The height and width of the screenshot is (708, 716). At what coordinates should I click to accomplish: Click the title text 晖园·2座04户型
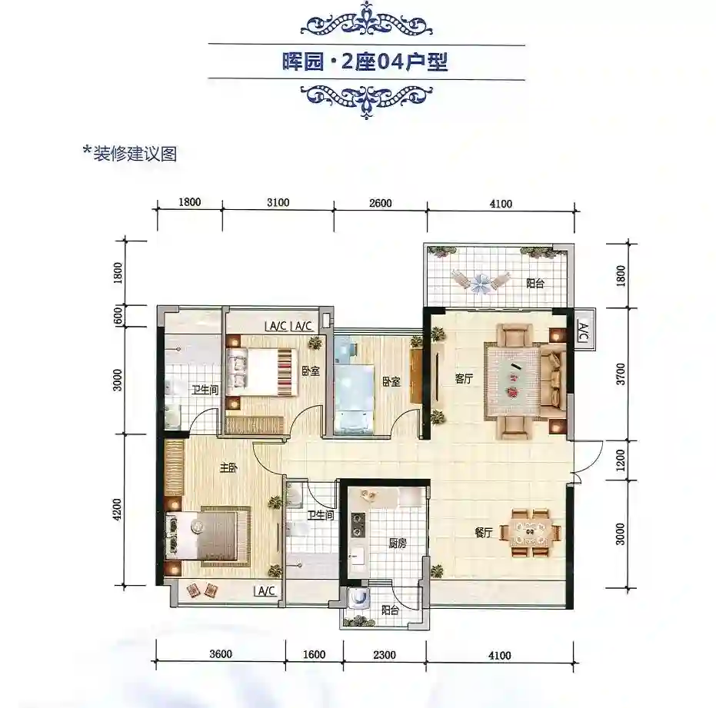coord(365,62)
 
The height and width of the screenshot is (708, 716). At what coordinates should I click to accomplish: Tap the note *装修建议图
coord(130,154)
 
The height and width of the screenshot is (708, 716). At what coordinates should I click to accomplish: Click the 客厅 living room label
coord(464,378)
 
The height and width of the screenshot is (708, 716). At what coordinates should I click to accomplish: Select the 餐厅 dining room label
coord(484,533)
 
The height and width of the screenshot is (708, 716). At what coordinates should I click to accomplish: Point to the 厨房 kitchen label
coord(398,543)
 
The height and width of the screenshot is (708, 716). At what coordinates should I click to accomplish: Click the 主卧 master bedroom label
coord(228,468)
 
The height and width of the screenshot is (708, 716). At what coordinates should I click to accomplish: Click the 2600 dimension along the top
coord(381,203)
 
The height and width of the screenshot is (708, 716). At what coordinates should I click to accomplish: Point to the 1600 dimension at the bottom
coord(314,655)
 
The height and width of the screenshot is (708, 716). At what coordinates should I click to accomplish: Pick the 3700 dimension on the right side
coord(620,374)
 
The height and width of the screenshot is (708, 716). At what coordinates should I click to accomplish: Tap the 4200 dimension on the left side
coord(118,510)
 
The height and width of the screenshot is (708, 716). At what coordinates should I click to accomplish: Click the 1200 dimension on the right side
coord(620,460)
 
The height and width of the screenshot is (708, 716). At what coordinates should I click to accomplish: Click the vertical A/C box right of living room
coord(584,330)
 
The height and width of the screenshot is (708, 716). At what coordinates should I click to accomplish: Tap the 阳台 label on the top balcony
coord(535,284)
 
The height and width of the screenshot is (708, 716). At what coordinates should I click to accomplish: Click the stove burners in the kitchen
coord(357,524)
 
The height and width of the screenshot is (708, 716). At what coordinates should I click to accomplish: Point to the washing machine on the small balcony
coord(359,597)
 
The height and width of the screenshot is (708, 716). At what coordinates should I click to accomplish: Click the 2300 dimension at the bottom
coord(385,655)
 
